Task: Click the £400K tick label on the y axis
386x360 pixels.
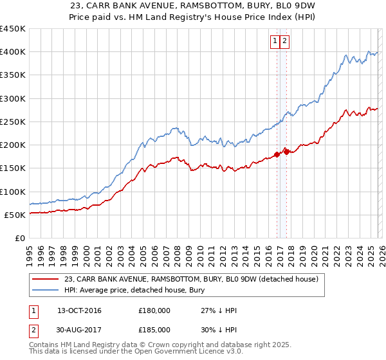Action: click(x=13, y=52)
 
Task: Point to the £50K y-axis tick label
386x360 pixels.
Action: click(x=15, y=215)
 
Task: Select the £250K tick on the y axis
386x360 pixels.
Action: click(x=13, y=122)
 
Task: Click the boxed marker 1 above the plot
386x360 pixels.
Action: click(x=275, y=41)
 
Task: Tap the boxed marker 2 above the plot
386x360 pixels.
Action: click(x=284, y=41)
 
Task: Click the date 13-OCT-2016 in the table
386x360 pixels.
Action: click(x=79, y=311)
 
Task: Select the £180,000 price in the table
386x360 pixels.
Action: click(x=154, y=311)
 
